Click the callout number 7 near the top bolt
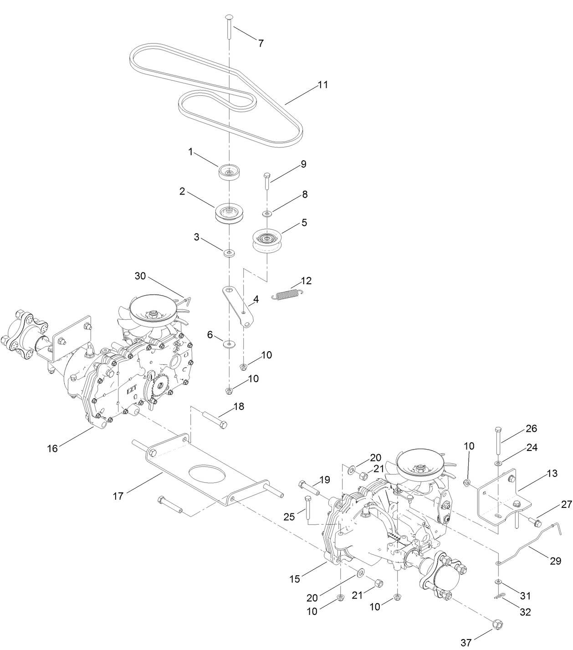[x=261, y=43]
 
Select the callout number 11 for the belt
[x=323, y=85]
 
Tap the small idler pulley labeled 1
[x=230, y=172]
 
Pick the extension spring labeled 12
[x=286, y=294]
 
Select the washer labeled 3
[x=229, y=252]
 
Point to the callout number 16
[x=52, y=448]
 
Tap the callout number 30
[x=141, y=276]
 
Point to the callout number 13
[x=552, y=474]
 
